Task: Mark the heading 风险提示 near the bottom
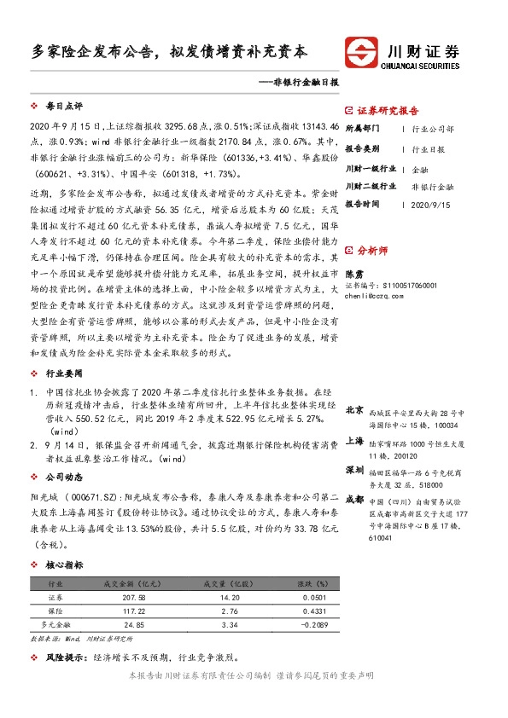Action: point(65,657)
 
